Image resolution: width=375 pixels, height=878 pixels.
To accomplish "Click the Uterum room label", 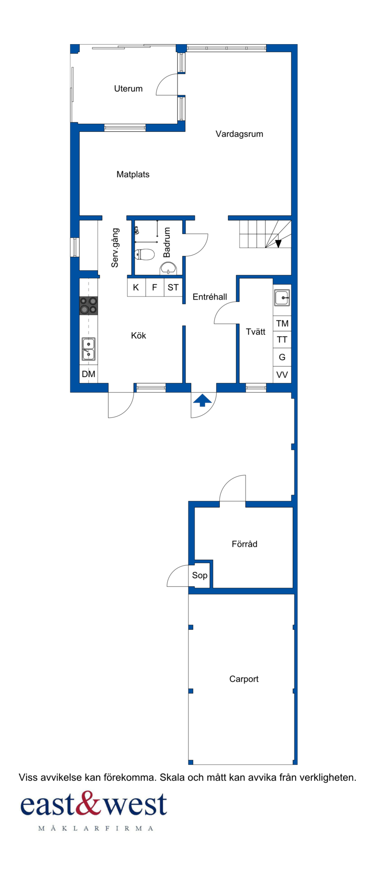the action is (x=128, y=89).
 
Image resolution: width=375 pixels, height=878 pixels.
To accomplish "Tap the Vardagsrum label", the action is (x=239, y=134).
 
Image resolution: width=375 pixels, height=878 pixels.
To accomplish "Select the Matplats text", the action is (x=133, y=174).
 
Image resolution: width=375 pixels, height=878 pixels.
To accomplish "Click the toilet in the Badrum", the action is (x=144, y=255).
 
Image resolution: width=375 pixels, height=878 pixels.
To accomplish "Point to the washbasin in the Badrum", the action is (x=168, y=268).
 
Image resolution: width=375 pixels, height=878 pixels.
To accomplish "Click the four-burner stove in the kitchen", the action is (x=89, y=305).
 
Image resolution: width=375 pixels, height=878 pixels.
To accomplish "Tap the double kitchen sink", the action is (x=89, y=349).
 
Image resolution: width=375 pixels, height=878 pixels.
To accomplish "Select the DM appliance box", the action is (x=89, y=374).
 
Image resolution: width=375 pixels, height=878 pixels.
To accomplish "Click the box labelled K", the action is (x=136, y=288).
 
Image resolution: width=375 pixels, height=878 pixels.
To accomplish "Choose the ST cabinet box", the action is (x=173, y=288).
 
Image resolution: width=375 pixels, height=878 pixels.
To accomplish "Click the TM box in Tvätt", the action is (x=282, y=324).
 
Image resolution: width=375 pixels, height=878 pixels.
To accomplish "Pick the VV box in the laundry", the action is (x=282, y=375).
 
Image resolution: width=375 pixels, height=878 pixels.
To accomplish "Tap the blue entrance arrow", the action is (x=202, y=401).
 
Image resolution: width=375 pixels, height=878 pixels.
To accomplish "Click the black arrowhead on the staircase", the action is (x=278, y=243).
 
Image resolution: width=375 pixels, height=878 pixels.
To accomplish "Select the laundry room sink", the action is (x=282, y=297).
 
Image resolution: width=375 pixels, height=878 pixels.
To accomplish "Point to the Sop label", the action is (x=200, y=575).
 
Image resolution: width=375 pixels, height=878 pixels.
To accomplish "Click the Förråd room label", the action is (x=245, y=544).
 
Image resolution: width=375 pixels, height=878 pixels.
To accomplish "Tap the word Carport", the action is (x=244, y=679).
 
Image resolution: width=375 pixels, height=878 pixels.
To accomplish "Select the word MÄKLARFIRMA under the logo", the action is (x=96, y=829).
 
